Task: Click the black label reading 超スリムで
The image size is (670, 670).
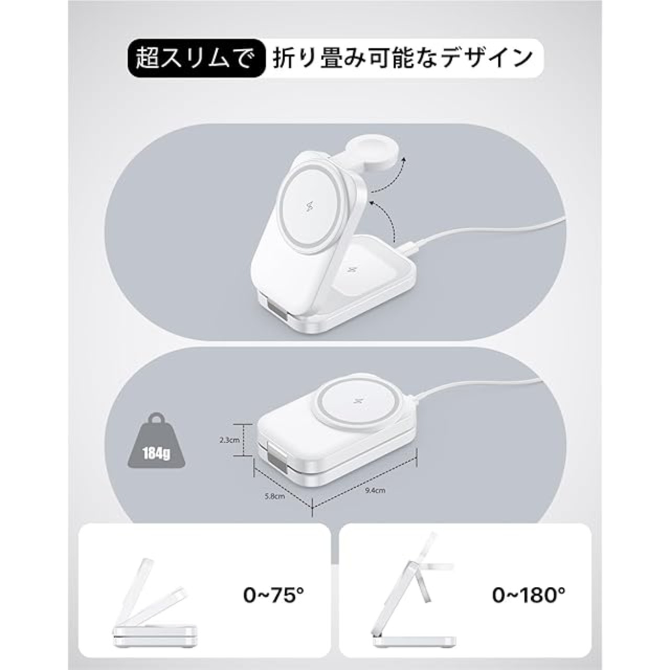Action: (x=194, y=58)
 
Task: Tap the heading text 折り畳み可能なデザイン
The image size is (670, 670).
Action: (x=403, y=59)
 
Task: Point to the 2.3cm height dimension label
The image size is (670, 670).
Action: (x=229, y=440)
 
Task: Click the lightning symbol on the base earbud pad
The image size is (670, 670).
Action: (x=348, y=270)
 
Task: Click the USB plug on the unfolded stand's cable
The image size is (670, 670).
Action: (x=409, y=248)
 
